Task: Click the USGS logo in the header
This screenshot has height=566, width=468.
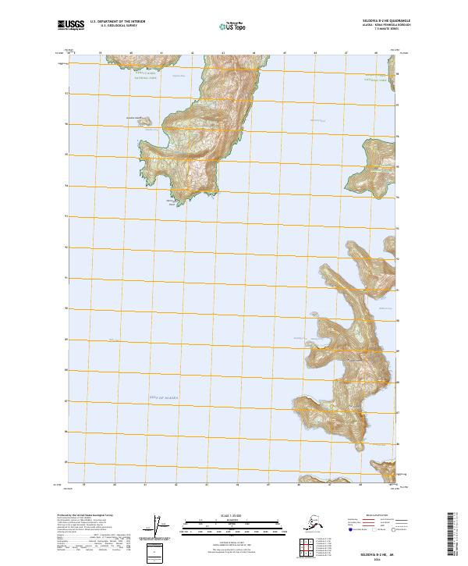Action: click(x=71, y=27)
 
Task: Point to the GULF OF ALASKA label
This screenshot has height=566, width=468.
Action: click(x=165, y=397)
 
